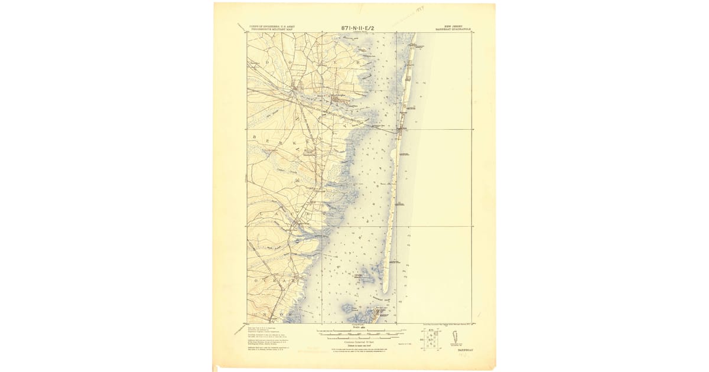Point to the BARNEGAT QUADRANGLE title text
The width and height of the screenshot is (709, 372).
(453, 29)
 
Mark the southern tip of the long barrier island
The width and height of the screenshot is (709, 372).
(385, 291)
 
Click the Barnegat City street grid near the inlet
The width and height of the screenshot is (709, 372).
(382, 312)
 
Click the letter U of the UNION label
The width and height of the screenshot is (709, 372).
(255, 306)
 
